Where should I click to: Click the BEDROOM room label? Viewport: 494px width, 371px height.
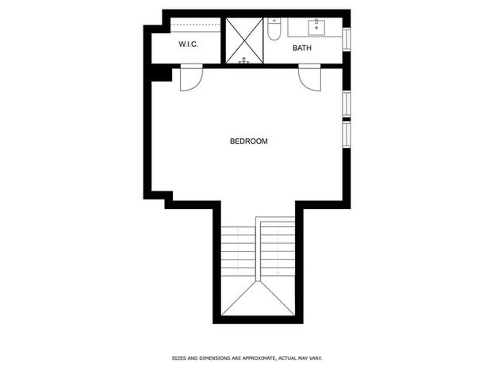[x=248, y=141]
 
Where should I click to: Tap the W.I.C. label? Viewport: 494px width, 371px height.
[x=189, y=44]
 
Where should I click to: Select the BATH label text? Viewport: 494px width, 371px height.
[x=302, y=48]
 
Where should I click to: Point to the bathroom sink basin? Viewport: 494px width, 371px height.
[x=316, y=27]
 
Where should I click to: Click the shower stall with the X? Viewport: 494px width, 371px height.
[x=244, y=41]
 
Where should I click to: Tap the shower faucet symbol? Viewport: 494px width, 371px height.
[x=244, y=60]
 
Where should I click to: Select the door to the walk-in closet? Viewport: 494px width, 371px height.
[x=191, y=78]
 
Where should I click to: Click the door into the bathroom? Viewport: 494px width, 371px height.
[x=310, y=78]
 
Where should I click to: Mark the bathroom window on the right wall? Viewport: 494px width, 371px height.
[x=347, y=39]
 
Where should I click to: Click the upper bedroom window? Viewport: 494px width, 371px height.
[x=347, y=104]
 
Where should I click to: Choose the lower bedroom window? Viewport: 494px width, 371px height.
[x=347, y=134]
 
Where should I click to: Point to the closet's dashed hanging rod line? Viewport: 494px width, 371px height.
[x=195, y=25]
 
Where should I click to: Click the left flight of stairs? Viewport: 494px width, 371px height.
[x=238, y=251]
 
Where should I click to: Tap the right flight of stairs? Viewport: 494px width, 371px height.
[x=278, y=248]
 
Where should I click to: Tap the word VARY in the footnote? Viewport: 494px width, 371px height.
[x=316, y=358]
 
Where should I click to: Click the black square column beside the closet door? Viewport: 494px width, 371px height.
[x=162, y=75]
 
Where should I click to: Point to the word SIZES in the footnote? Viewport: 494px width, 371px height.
[x=179, y=358]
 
